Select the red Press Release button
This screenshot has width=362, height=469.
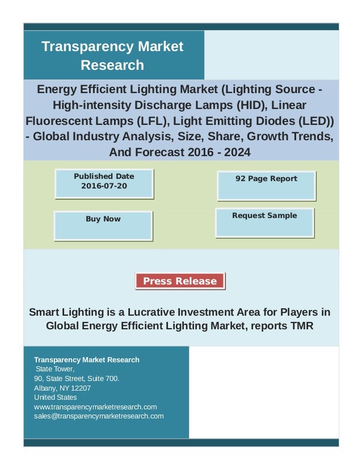coord(180,281)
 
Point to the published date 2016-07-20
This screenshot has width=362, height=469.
coord(104,186)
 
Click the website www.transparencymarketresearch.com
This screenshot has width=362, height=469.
coord(95,407)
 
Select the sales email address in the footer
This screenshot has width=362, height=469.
coord(99,416)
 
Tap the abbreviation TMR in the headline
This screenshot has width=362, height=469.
coord(301,326)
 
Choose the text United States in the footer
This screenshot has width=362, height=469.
coord(55,397)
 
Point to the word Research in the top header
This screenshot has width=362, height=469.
coord(112,65)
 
